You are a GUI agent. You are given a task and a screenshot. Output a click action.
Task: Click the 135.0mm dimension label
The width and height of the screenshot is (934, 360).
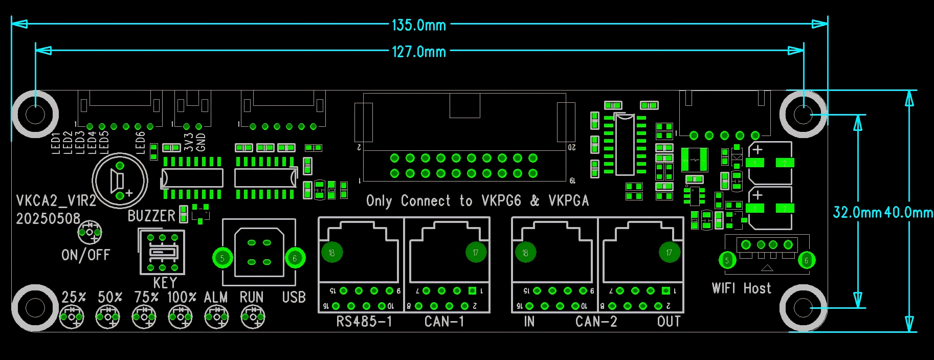418,25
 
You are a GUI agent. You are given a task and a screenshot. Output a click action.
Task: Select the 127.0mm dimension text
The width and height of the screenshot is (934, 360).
418,52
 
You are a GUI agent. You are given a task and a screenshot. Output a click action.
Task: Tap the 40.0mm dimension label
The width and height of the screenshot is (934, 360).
908,212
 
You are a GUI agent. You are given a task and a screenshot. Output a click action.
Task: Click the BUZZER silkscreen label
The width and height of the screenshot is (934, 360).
151,216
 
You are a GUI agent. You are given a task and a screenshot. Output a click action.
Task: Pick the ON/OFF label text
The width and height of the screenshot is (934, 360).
85,255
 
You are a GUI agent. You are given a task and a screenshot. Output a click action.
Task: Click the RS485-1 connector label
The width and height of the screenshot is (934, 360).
364,322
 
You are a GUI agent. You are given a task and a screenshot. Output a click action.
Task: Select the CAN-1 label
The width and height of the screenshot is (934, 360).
444,322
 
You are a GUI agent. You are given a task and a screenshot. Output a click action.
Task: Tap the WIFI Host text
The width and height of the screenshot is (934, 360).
741,288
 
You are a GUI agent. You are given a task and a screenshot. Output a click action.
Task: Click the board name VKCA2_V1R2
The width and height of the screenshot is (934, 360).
56,200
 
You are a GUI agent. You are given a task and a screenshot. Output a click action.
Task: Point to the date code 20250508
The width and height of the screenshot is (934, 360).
48,219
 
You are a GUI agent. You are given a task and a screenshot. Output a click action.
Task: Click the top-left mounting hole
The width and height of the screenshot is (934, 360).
35,114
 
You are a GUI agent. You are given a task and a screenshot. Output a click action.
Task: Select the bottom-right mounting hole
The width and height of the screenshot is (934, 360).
803,308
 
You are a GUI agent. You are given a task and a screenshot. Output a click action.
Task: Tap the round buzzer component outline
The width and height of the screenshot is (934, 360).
120,181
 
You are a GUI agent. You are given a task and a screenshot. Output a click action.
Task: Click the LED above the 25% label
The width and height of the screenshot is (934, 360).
72,317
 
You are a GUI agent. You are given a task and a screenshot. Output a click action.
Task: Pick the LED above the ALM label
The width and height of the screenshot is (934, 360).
216,317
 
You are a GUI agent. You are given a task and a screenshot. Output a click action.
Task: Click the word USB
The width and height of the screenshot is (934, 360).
294,298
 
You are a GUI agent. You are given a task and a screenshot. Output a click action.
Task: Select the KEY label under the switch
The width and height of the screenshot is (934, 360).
165,283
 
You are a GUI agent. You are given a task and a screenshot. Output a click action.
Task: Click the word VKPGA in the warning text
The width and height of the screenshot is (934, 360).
568,200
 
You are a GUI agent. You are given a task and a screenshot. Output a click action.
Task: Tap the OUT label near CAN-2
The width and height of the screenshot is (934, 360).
669,322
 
